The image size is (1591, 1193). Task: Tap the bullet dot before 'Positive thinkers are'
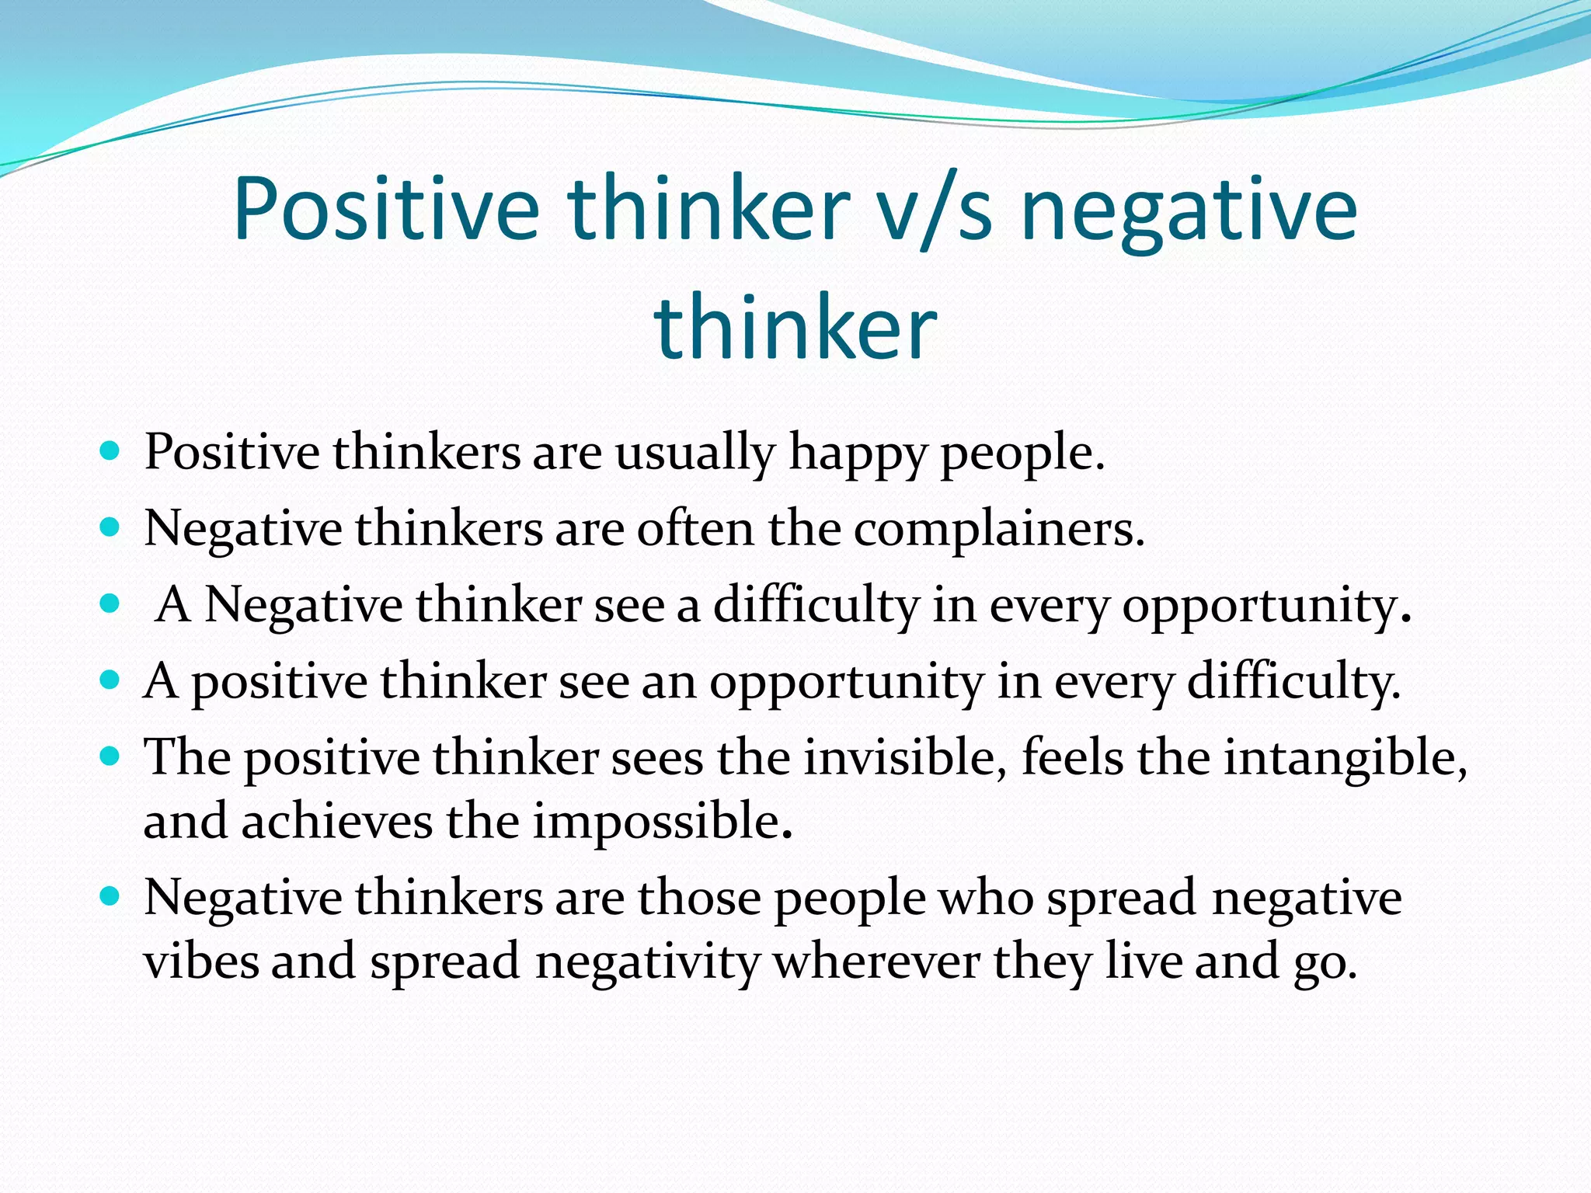point(110,450)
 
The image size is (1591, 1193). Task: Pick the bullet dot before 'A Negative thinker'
point(110,603)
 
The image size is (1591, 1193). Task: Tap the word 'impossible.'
point(662,821)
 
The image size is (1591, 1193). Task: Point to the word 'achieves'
point(336,821)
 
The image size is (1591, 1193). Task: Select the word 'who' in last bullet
point(985,898)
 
